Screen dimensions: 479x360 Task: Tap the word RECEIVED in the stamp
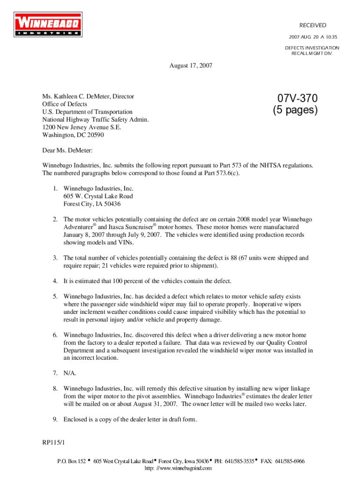(313, 25)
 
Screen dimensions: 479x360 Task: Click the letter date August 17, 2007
(190, 66)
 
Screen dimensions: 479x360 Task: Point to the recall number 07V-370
(297, 99)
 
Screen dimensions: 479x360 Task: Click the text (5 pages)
(295, 111)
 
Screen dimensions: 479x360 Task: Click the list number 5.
(55, 297)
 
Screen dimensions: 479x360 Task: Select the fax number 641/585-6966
(289, 461)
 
